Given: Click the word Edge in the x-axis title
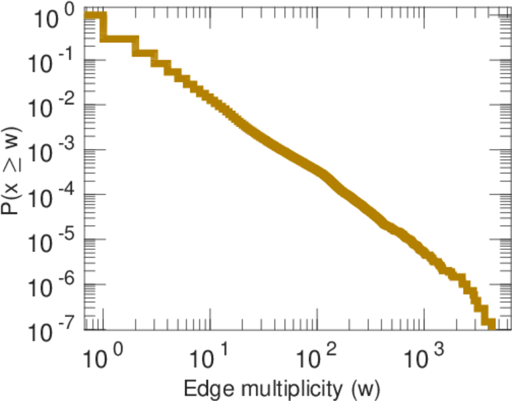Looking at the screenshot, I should pos(206,387).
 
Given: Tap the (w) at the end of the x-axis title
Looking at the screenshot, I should pos(366,387).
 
